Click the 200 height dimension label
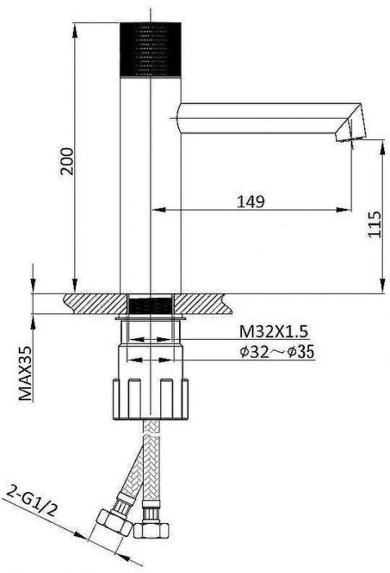67,161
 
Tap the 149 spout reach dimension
251,201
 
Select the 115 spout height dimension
374,224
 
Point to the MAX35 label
25,373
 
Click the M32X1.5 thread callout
274,332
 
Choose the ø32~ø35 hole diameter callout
277,352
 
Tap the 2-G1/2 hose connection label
33,500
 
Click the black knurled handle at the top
150,50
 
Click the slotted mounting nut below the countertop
150,399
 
